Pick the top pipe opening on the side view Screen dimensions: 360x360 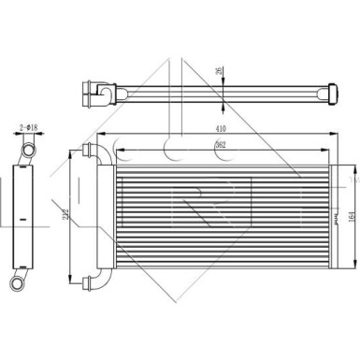(x=29, y=149)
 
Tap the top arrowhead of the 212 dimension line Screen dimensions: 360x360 (x=71, y=154)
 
